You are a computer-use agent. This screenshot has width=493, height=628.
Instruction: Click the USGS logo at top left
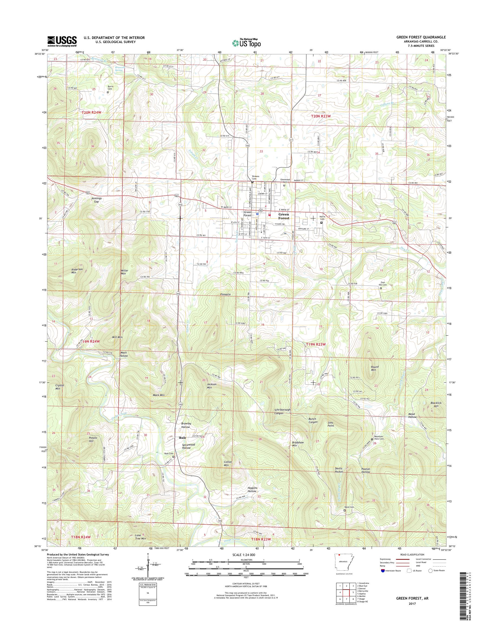pyautogui.click(x=62, y=41)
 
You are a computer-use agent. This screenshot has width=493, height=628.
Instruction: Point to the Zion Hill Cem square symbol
pyautogui.click(x=380, y=288)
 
